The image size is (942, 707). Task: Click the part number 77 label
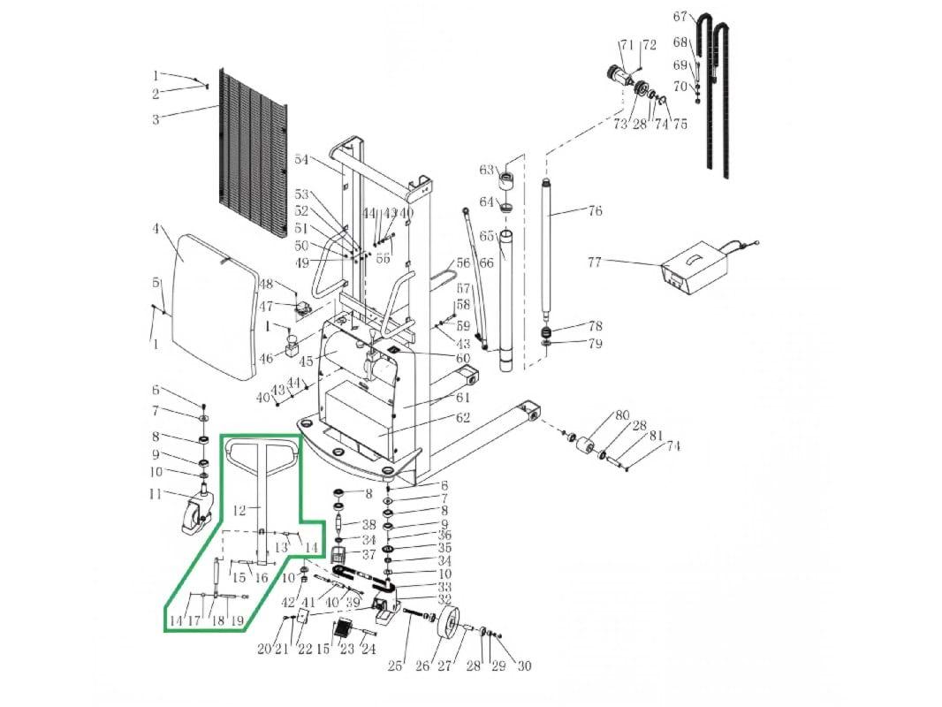[x=595, y=262]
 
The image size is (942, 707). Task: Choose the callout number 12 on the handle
[x=239, y=510]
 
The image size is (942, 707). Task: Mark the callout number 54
[x=301, y=160]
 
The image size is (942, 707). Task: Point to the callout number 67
[x=680, y=17]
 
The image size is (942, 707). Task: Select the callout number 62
[x=463, y=418]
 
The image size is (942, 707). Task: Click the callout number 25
[x=395, y=666]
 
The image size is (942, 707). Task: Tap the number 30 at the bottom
[x=524, y=666]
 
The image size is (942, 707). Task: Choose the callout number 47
[x=266, y=307]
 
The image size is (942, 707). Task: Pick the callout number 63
[x=486, y=170]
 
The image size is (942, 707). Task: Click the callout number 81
[x=656, y=436]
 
